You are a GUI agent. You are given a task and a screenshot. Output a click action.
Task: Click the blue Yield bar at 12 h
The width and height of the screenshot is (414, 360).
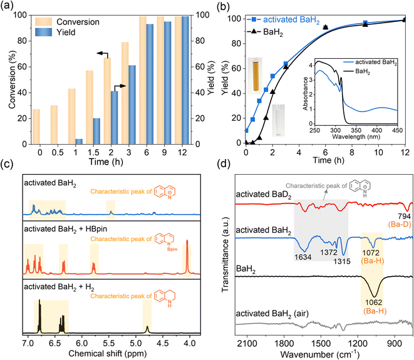(x=185, y=88)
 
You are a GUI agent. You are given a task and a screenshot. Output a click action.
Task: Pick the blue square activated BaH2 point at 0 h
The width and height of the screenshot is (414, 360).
(x=246, y=131)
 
